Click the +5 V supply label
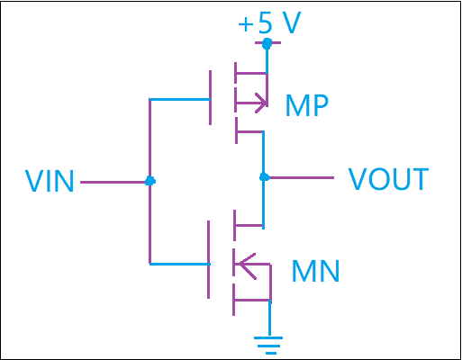pos(269,22)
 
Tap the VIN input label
pos(50,181)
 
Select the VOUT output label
pos(388,179)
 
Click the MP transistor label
pos(307,105)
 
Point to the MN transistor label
pos(315,271)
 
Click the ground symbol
pos(268,346)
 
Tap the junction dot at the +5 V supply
pos(267,44)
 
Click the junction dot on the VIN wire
pos(149,181)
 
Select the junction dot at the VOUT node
pos(264,177)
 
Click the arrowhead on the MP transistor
pos(261,103)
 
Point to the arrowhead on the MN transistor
pos(247,265)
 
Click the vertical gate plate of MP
pos(210,97)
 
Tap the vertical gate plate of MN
pos(208,259)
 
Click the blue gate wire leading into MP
pos(179,99)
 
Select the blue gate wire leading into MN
pos(179,264)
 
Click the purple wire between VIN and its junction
pos(115,182)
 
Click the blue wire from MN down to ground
pos(269,318)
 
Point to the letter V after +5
pos(292,22)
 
